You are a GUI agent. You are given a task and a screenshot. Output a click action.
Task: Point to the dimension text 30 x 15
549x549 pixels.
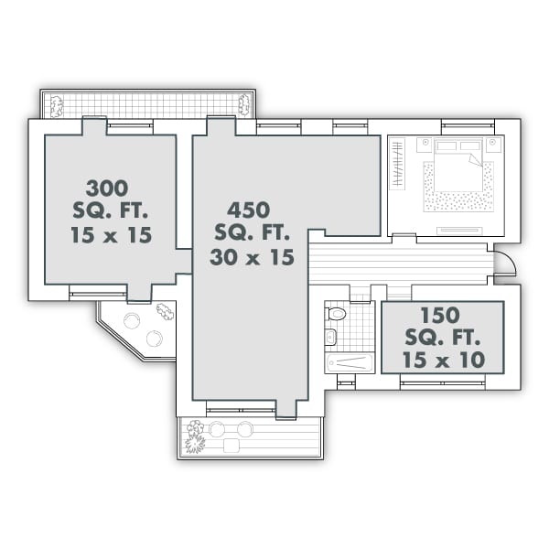click(x=252, y=257)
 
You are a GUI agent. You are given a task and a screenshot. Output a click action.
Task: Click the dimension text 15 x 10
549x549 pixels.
click(x=443, y=359)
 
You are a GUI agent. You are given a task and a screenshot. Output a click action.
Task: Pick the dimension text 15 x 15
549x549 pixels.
click(x=110, y=234)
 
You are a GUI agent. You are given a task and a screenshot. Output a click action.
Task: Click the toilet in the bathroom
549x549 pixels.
click(x=337, y=314)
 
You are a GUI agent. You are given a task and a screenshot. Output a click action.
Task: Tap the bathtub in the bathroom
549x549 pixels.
click(x=350, y=361)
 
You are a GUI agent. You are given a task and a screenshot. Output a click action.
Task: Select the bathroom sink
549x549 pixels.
click(x=330, y=338)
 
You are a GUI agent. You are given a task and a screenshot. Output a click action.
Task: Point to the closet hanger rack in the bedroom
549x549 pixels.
click(x=397, y=163)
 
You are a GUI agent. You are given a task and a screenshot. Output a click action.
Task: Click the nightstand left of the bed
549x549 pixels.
click(x=425, y=145)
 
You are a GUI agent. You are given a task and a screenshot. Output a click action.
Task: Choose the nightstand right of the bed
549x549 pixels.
click(x=494, y=145)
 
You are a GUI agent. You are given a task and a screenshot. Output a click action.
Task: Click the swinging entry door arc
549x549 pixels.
click(x=504, y=263)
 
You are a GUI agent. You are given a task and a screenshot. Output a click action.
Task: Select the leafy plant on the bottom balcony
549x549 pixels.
click(x=195, y=436)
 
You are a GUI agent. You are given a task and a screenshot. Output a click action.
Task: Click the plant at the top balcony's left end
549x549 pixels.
click(x=56, y=106)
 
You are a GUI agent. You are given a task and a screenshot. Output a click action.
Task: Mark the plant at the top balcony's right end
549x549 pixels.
click(x=244, y=104)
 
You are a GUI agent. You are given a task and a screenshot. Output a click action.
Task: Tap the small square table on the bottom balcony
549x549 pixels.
click(x=231, y=446)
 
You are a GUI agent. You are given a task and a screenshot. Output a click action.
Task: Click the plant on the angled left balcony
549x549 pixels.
click(x=165, y=311)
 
